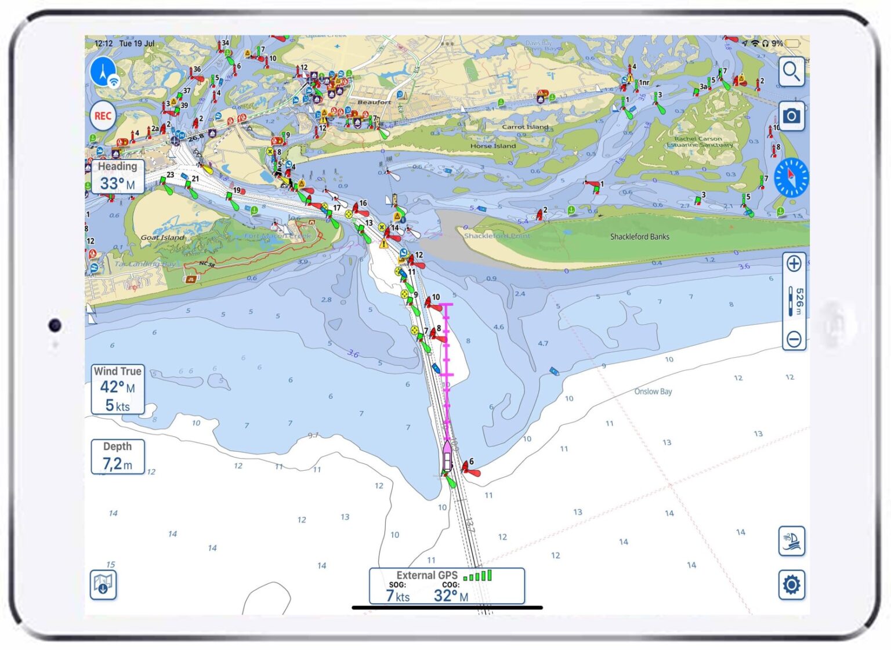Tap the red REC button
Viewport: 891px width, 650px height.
(103, 116)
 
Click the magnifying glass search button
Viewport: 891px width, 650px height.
(791, 72)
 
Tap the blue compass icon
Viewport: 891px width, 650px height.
(791, 178)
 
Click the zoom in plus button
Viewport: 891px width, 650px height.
(794, 264)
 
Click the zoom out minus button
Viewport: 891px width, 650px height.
(794, 339)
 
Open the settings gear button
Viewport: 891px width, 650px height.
(791, 584)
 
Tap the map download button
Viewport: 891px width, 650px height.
(103, 584)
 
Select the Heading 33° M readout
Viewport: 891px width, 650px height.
(117, 176)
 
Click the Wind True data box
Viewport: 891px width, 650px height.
(117, 389)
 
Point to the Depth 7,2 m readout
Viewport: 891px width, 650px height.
(117, 456)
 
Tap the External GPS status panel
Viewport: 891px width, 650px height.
(447, 586)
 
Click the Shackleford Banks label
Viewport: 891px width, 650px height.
(639, 237)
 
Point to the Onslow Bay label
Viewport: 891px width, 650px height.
(653, 391)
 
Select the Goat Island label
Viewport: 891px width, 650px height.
(162, 237)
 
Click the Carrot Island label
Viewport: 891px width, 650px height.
(525, 126)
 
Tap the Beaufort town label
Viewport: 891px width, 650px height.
(374, 102)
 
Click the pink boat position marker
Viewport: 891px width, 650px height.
(447, 456)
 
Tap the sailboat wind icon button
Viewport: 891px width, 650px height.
(791, 541)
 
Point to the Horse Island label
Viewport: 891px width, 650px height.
(492, 146)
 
